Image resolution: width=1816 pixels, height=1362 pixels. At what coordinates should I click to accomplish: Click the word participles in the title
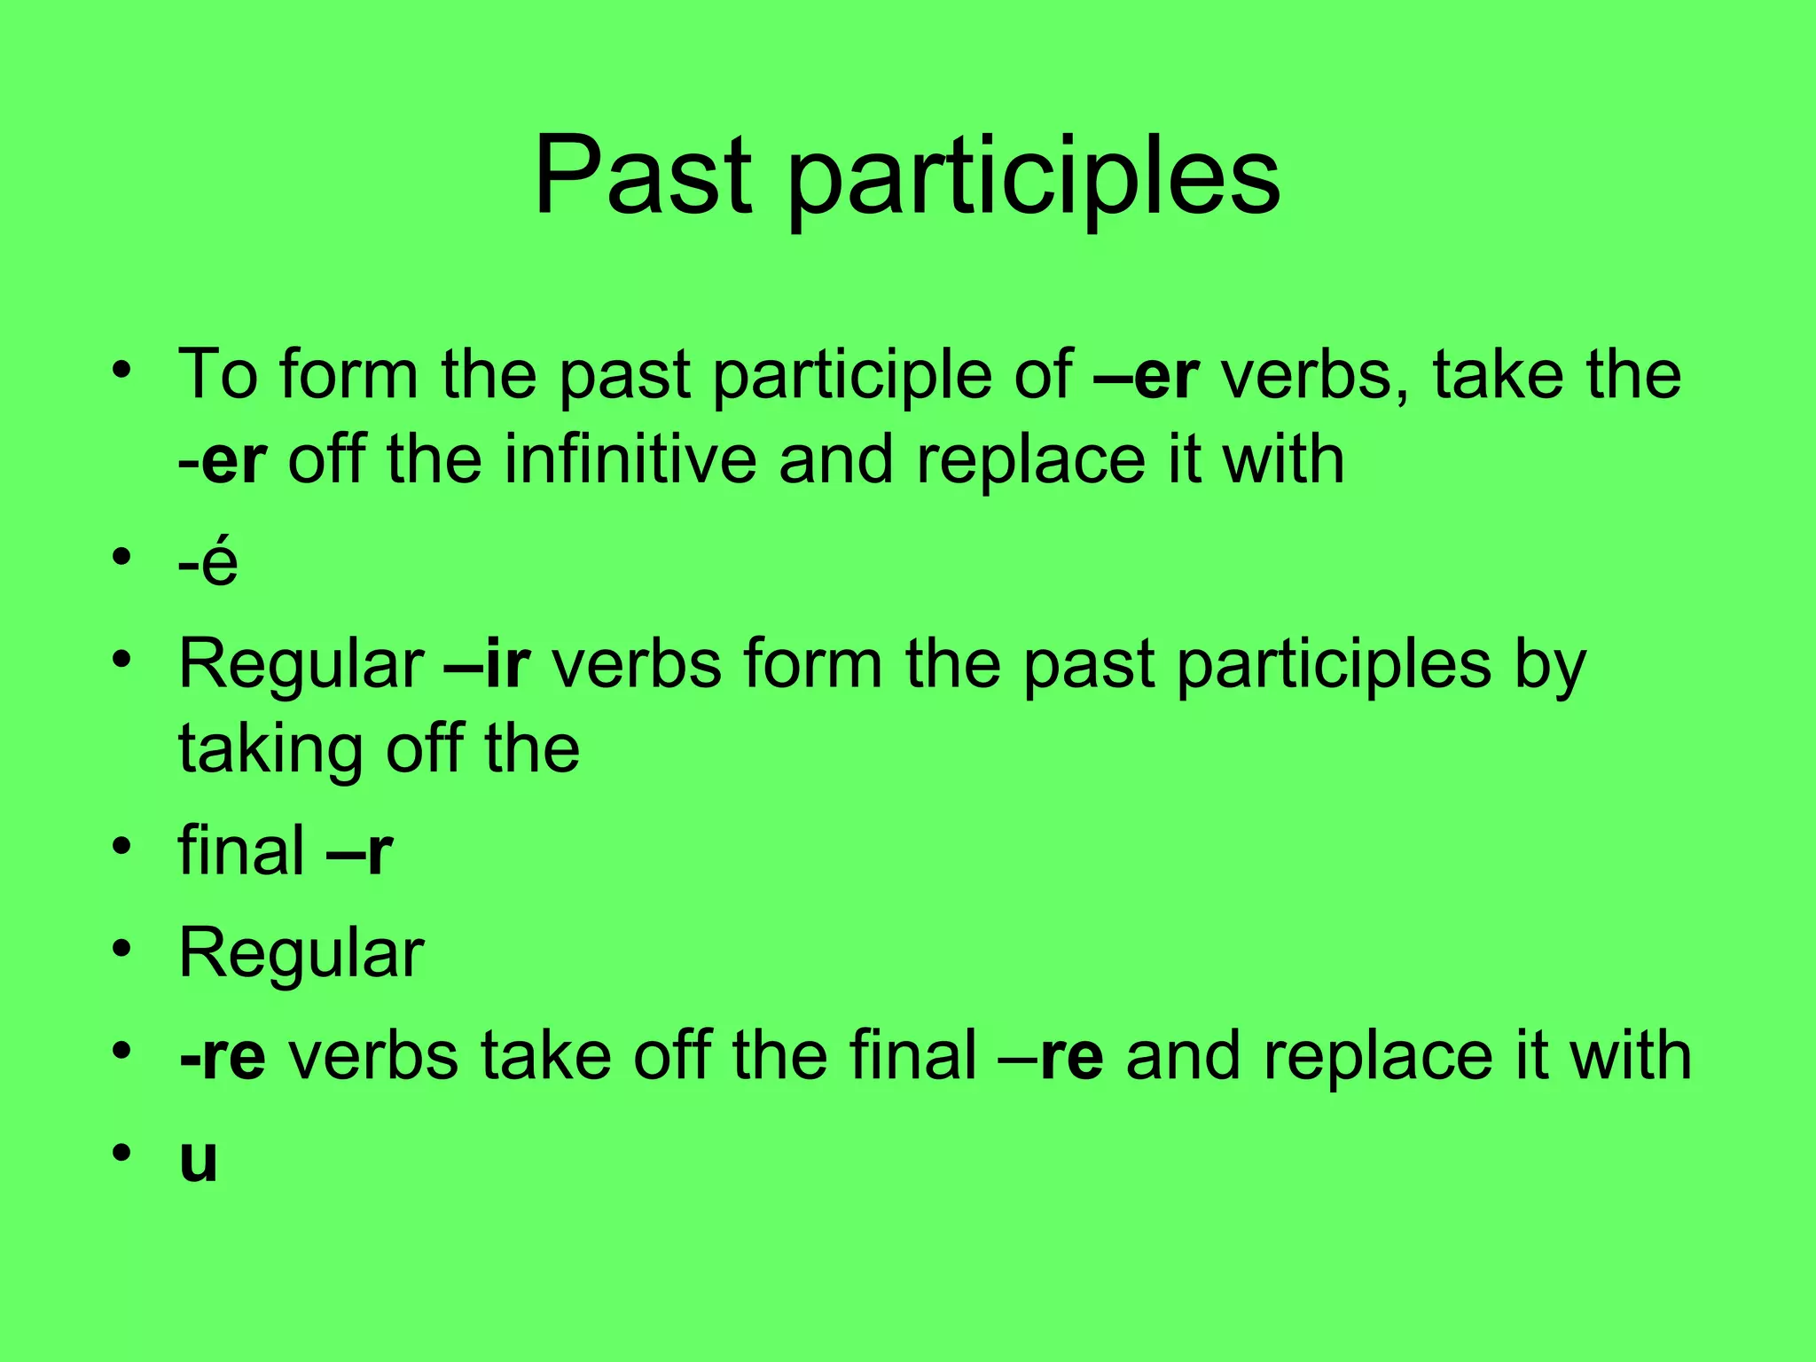point(1033,182)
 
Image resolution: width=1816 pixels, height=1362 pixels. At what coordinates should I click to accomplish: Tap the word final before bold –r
point(241,850)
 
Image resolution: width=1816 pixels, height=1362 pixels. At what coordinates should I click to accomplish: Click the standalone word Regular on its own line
point(301,954)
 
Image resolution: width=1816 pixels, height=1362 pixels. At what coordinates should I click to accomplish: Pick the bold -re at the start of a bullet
point(223,1055)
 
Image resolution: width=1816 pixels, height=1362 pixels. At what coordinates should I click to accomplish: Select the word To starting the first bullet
point(218,375)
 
